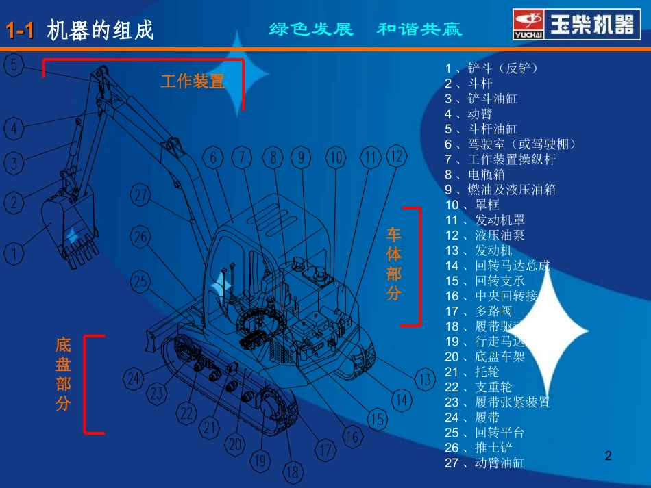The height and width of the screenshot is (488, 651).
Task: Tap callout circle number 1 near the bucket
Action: [14, 255]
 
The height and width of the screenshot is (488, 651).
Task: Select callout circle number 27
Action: [142, 196]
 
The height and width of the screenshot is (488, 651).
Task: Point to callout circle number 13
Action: [425, 378]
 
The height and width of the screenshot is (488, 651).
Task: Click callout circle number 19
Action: [259, 461]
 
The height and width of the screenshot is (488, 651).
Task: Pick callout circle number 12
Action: [397, 156]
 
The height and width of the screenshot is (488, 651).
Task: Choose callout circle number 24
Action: [134, 378]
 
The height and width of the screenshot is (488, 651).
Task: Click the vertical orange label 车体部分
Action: [393, 264]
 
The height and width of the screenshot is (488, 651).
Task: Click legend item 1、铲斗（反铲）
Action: [491, 68]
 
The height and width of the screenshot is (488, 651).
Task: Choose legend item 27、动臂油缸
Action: [484, 463]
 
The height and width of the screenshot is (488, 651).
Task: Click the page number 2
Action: [608, 455]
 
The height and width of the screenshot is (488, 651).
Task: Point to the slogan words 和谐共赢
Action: [419, 29]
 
